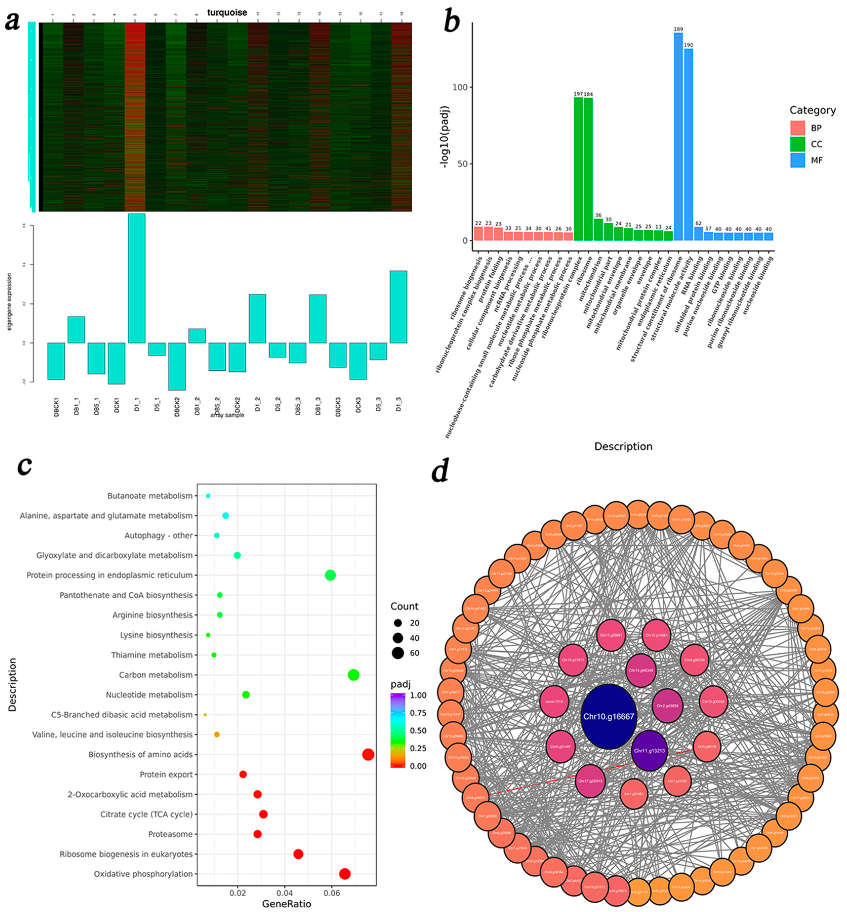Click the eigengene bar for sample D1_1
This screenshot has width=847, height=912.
(137, 278)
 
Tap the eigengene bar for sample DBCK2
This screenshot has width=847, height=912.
(177, 366)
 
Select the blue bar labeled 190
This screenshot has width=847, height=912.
(688, 144)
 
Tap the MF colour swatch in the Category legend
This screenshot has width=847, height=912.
(797, 160)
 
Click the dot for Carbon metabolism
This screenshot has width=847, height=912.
(353, 675)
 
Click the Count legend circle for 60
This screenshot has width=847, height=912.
(397, 653)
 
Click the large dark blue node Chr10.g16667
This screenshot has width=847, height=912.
(608, 716)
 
